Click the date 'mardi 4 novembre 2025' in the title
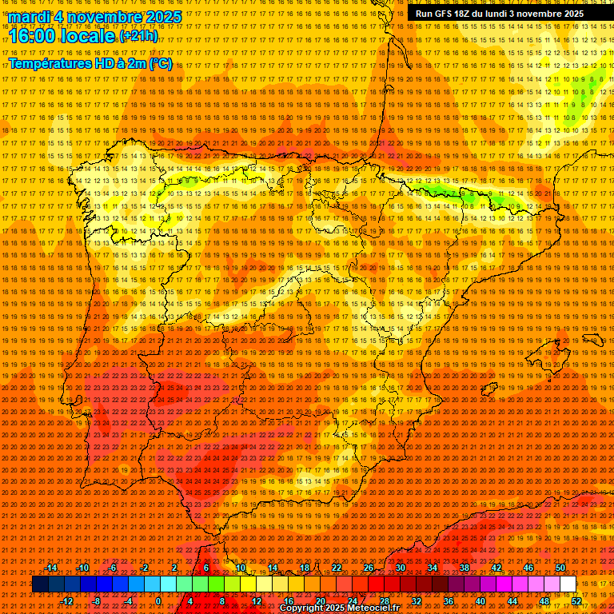[95, 17]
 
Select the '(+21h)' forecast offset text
[138, 36]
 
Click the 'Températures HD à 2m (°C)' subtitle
[90, 63]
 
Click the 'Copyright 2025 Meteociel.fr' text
[339, 608]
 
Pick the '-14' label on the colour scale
[51, 568]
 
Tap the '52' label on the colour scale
[576, 601]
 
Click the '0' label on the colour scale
[159, 601]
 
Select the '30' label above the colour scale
[400, 568]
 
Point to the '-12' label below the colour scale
[66, 601]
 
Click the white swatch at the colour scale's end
[568, 584]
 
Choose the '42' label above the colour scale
[496, 568]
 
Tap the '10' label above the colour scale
[240, 568]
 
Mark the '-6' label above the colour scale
[113, 568]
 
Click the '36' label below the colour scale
[449, 601]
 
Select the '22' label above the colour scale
[336, 568]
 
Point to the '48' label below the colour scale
[544, 601]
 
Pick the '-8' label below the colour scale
[97, 601]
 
